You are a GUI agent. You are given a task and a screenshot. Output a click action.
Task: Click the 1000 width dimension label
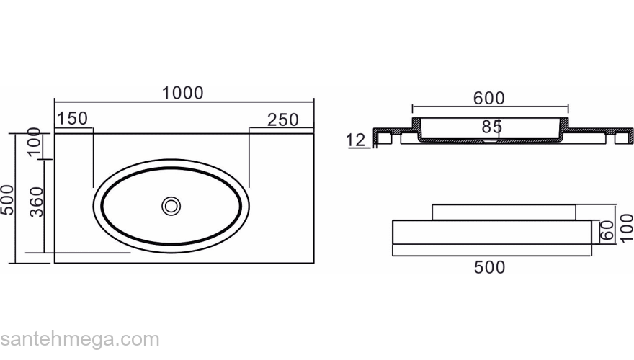pos(183,94)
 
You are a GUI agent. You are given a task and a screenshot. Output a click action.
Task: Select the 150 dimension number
pos(72,119)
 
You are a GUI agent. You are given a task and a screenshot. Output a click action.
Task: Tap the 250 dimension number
pos(283,120)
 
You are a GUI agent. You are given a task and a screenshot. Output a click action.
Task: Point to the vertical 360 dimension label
pos(37,202)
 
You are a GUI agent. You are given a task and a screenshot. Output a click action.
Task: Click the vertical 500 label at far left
pos(7,200)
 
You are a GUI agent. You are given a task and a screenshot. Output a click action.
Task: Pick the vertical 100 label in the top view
pos(35,141)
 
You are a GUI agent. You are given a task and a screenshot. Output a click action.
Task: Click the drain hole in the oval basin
pos(171,206)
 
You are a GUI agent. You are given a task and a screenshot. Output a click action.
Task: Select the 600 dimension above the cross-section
pos(489,99)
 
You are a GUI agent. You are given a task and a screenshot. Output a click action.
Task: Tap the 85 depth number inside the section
pos(491,127)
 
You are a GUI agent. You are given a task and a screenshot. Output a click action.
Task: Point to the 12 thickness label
pos(356,140)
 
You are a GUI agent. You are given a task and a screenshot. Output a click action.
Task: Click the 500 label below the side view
pos(490,267)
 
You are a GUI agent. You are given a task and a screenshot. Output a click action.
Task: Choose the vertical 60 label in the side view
pos(607,230)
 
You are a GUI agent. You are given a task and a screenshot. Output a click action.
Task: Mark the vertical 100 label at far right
pos(626,228)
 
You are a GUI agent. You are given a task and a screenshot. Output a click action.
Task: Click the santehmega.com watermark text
pos(80,339)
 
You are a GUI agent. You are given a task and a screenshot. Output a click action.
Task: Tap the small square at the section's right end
pos(622,138)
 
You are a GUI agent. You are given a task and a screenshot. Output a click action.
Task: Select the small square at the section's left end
pos(384,138)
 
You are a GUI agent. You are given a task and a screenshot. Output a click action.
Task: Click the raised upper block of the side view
pos(504,212)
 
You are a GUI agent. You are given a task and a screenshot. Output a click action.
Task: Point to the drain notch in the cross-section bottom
pos(490,141)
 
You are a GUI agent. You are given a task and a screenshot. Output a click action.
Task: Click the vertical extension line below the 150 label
pos(93,158)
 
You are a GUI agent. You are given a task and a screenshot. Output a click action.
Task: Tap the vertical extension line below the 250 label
pos(249,158)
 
